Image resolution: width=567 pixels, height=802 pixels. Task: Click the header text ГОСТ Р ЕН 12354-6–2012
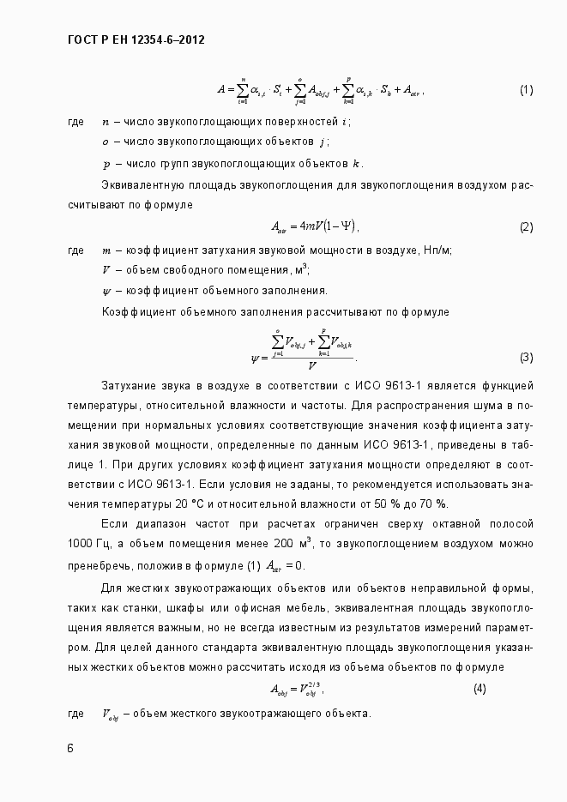[136, 39]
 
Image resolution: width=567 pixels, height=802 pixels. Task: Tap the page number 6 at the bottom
[70, 747]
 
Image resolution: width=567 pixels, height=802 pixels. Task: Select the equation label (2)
[526, 227]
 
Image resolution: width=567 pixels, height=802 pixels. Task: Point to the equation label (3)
[526, 357]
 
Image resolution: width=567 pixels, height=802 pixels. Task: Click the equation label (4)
[480, 689]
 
